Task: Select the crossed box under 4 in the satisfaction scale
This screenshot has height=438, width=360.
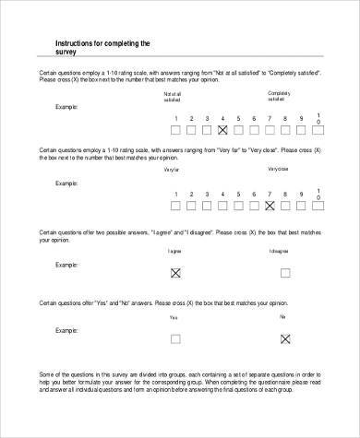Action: coord(222,131)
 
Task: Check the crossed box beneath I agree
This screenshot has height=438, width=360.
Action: coord(174,273)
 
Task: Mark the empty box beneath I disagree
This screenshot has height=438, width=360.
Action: coord(284,273)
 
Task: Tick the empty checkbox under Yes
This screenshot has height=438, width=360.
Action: coord(174,339)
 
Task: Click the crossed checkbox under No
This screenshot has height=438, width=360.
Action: coord(284,339)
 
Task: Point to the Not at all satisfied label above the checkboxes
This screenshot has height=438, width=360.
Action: coord(174,96)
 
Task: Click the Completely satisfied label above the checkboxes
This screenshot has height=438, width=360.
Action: coord(278,96)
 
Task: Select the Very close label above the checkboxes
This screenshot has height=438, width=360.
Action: coord(278,171)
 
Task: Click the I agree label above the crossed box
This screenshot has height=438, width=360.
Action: coord(174,251)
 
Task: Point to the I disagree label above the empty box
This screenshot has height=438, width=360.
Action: coord(280,251)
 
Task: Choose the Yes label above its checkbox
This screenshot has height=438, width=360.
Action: coord(174,317)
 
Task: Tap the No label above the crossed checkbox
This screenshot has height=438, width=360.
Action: coord(282,316)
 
